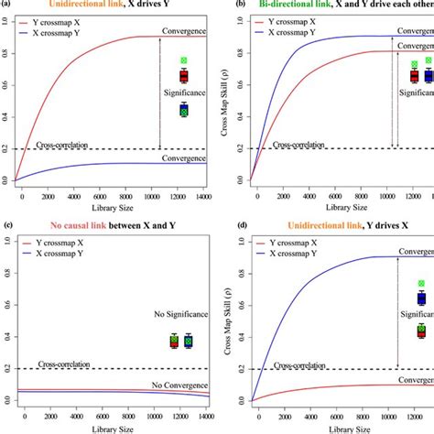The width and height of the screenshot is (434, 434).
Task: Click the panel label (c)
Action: pyautogui.click(x=8, y=225)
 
